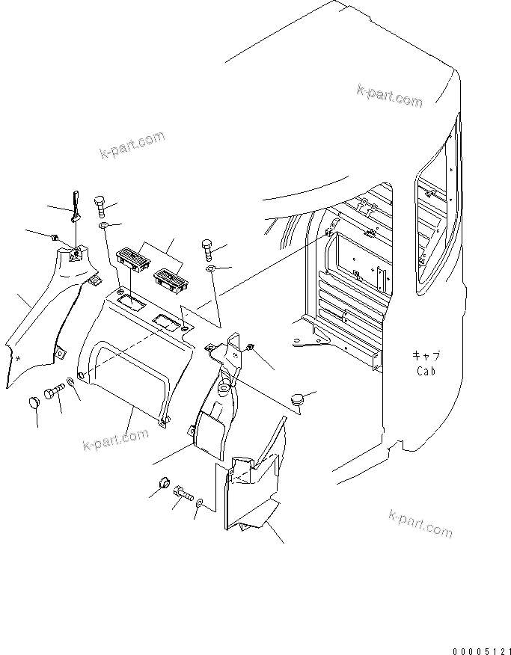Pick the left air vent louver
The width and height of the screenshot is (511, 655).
(x=135, y=259)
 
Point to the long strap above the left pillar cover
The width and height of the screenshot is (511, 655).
(x=76, y=206)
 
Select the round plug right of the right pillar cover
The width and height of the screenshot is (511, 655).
(x=301, y=398)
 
